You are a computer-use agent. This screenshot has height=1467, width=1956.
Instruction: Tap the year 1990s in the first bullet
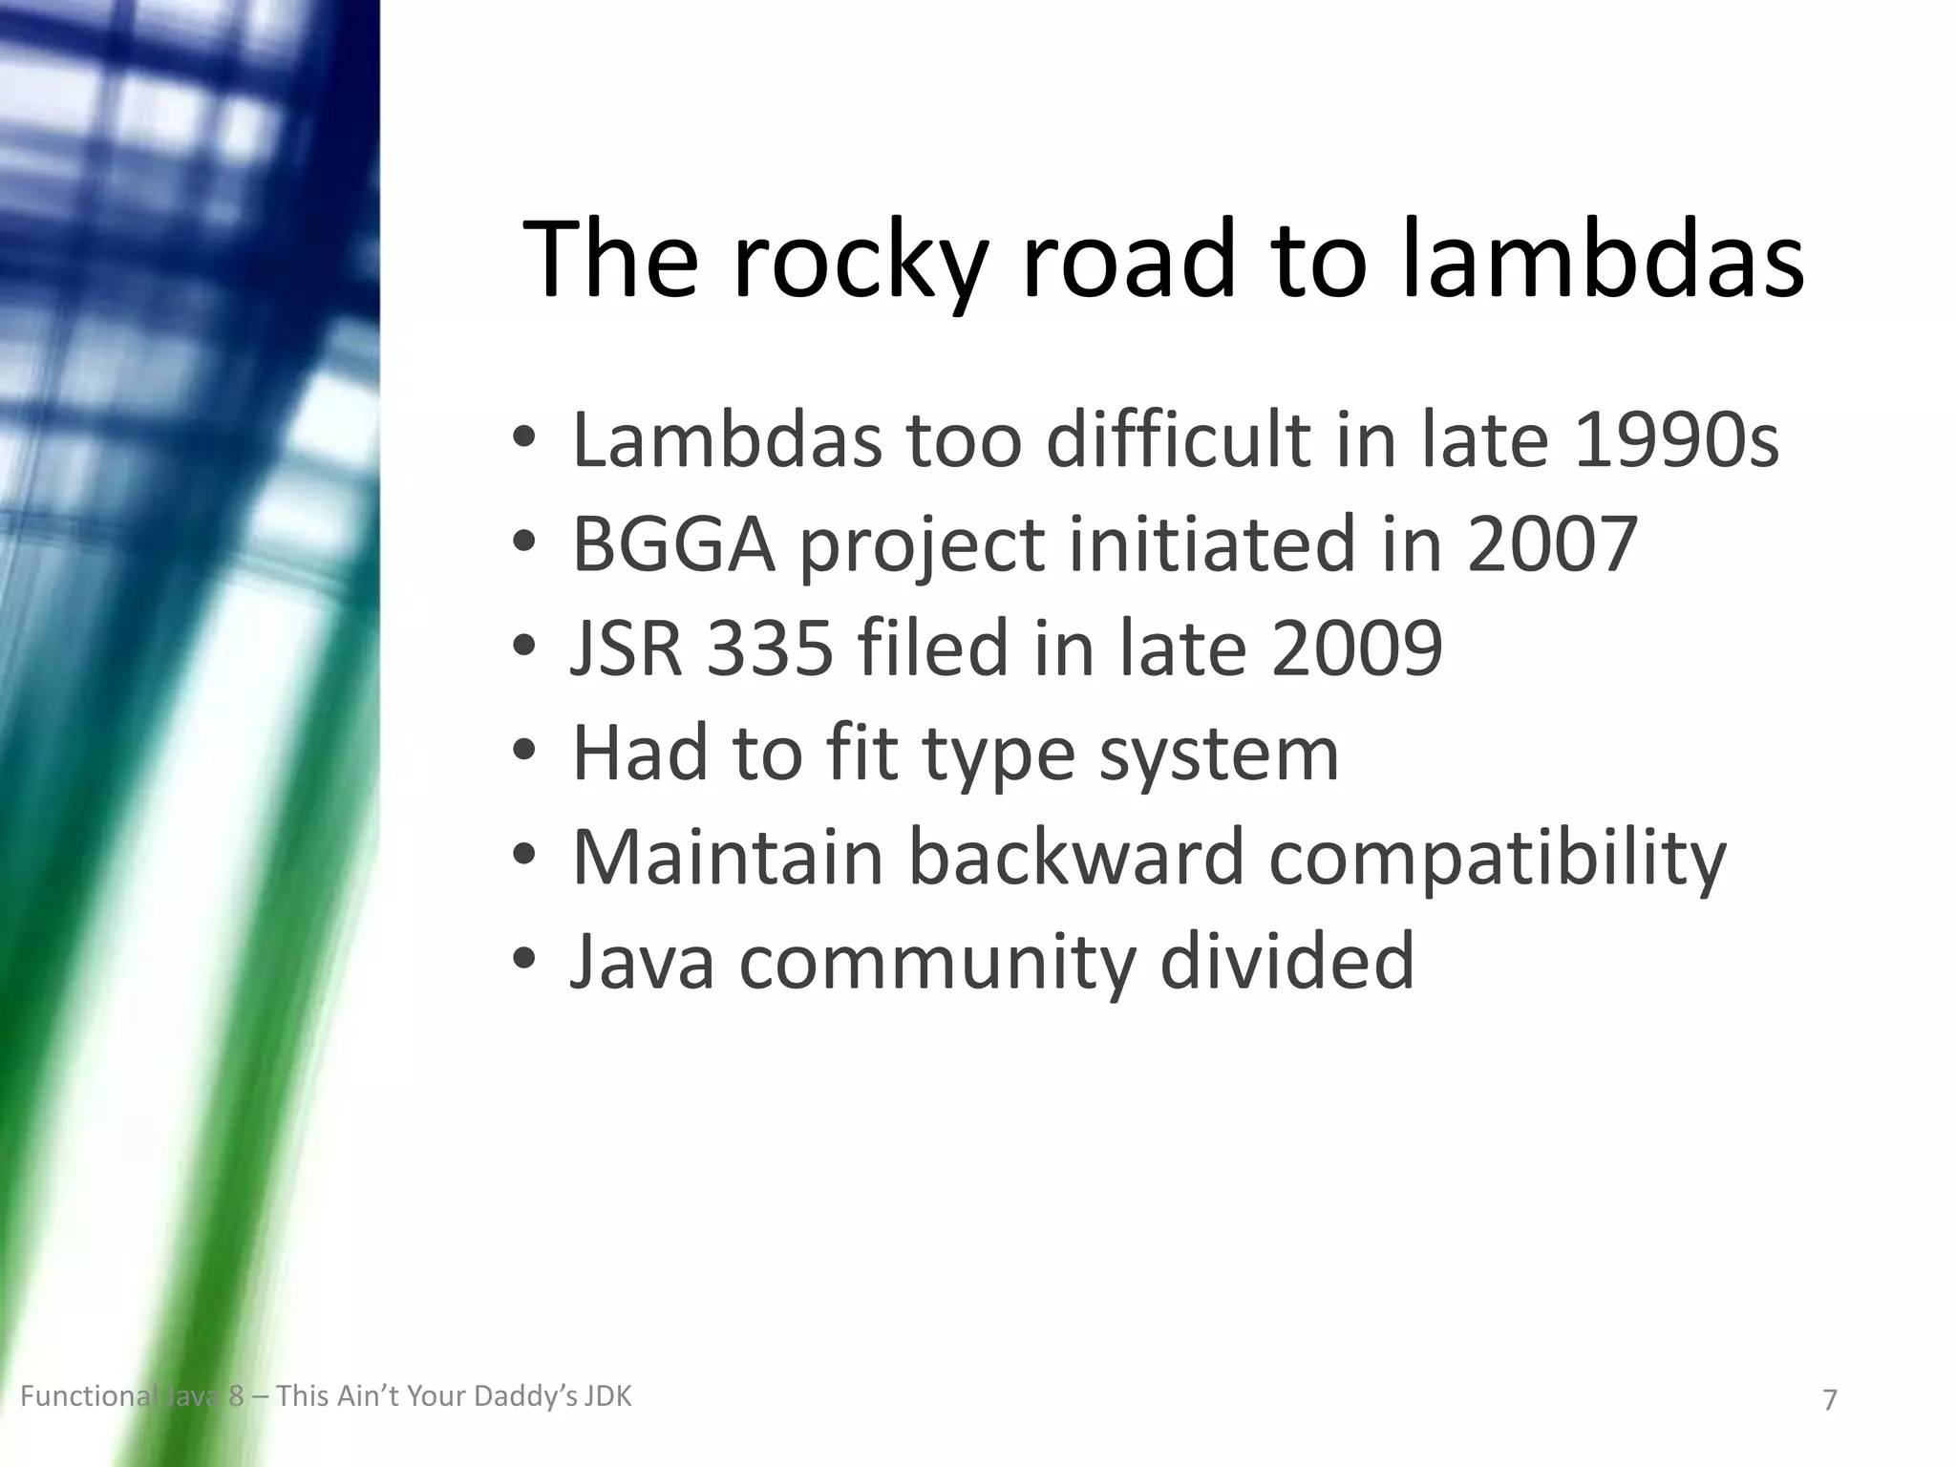point(1676,441)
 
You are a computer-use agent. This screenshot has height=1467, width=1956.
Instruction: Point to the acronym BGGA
point(672,544)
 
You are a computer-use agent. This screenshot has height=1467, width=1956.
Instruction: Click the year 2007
point(1553,544)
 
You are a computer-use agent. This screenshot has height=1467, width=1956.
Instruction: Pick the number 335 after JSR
point(770,648)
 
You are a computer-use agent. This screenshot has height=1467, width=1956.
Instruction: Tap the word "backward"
point(1076,857)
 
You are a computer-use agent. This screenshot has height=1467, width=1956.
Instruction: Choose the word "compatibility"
point(1498,859)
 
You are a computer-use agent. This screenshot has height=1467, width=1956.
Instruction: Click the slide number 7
point(1830,1400)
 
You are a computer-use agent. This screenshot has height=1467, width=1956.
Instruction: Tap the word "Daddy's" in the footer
point(526,1397)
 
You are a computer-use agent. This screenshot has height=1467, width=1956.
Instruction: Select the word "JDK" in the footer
point(608,1397)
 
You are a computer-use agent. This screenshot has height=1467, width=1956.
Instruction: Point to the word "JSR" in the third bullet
point(627,648)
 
